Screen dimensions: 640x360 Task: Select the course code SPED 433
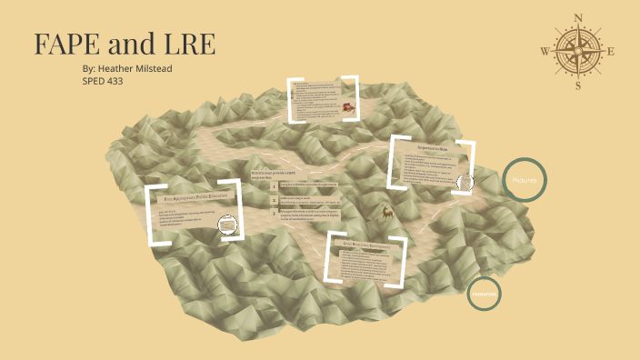pyautogui.click(x=102, y=81)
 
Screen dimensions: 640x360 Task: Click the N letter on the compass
pyautogui.click(x=577, y=17)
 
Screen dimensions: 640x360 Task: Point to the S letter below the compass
pyautogui.click(x=577, y=85)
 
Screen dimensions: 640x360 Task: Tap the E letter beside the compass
pyautogui.click(x=611, y=52)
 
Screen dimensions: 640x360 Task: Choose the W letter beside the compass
pyautogui.click(x=544, y=52)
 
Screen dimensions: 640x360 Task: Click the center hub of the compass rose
pyautogui.click(x=577, y=51)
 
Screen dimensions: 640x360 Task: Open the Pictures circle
pyautogui.click(x=525, y=181)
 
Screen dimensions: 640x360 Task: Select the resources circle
pyautogui.click(x=484, y=294)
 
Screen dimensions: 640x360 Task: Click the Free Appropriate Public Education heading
pyautogui.click(x=196, y=196)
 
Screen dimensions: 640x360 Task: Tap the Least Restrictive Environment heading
pyautogui.click(x=373, y=245)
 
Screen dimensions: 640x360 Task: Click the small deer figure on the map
pyautogui.click(x=387, y=215)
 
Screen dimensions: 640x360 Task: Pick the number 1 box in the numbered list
pyautogui.click(x=274, y=186)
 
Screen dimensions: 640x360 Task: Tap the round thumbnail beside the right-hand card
pyautogui.click(x=466, y=181)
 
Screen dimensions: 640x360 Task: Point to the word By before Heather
pyautogui.click(x=87, y=68)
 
